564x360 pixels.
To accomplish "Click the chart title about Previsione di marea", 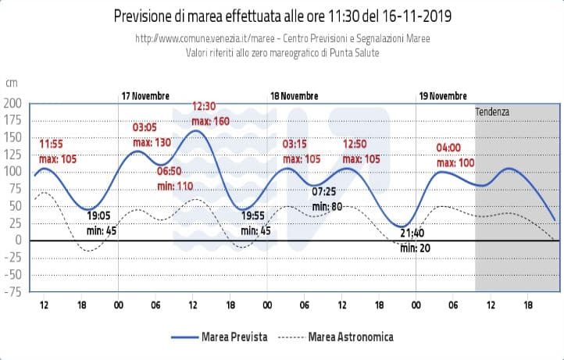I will tap(282, 16).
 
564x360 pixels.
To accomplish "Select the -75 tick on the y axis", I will tap(12, 292).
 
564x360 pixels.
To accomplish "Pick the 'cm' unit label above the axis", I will tap(11, 83).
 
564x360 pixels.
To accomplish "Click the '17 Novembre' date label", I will tap(145, 95).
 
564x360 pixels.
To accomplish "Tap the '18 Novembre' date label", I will tap(294, 95).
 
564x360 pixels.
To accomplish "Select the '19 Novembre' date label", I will tap(443, 95).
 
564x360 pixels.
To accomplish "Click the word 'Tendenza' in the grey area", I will tap(492, 112).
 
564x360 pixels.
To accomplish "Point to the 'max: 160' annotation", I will tap(211, 121).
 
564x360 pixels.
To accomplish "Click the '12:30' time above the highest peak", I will tap(205, 107).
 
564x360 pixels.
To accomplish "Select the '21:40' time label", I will tap(412, 233).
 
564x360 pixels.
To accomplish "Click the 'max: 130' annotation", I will tap(152, 142).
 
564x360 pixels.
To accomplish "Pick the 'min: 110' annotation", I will tap(175, 186).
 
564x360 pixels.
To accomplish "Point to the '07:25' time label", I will tap(324, 191).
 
